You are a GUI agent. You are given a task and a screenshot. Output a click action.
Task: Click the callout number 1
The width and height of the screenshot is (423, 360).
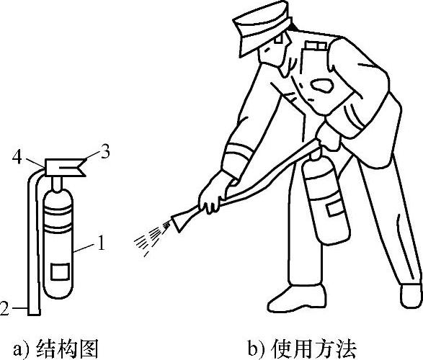[101, 243]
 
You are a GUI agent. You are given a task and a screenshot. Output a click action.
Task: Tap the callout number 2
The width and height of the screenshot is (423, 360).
[4, 308]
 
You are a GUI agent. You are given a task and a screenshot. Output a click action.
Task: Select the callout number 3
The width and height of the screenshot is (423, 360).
[104, 153]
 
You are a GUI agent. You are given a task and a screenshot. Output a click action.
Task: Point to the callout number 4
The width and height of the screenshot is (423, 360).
[17, 157]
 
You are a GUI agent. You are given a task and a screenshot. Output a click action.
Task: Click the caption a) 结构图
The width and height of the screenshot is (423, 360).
[55, 349]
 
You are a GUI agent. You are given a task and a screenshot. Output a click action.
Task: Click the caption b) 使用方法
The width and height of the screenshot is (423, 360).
[302, 349]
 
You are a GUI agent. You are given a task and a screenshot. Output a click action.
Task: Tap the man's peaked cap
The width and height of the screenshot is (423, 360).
[262, 27]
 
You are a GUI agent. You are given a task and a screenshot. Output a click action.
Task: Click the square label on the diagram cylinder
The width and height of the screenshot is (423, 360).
[61, 272]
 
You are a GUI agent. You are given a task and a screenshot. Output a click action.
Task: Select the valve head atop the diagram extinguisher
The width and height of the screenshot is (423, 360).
[65, 167]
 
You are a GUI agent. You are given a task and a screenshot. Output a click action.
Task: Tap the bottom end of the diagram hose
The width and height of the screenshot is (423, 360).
[34, 312]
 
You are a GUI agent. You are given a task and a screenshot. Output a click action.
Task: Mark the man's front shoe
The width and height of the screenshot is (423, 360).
[297, 299]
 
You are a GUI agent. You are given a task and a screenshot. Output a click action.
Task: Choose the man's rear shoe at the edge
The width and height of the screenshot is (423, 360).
[411, 295]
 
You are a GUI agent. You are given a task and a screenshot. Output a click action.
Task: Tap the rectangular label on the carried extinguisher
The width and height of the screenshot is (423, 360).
[334, 210]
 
